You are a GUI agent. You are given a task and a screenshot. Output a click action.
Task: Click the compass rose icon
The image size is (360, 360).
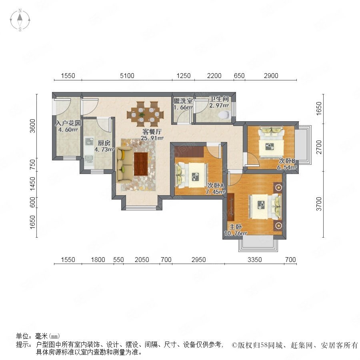[20, 20]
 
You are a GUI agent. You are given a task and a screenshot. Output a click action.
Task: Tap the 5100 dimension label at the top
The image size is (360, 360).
[127, 76]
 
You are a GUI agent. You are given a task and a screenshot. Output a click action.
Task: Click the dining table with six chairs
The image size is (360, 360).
[145, 114]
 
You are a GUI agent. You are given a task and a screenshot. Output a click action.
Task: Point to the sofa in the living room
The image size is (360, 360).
[124, 165]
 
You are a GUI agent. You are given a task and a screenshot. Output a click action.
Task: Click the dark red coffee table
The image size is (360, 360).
[141, 164]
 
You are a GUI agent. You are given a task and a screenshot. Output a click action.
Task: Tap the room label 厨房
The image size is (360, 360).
[104, 143]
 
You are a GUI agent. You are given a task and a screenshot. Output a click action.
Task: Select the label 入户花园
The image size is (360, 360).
[68, 123]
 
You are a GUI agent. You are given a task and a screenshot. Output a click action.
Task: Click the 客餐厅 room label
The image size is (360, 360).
[152, 132]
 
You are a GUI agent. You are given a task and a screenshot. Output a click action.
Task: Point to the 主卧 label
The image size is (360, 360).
[235, 227]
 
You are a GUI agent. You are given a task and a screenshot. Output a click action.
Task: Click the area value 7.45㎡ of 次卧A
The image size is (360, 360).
[215, 192]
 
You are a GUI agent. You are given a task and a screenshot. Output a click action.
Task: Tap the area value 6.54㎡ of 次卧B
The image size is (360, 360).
[286, 167]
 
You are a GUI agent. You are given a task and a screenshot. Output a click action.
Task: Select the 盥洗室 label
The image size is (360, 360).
[183, 101]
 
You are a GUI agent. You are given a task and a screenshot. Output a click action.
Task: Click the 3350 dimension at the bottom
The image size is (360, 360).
[255, 260]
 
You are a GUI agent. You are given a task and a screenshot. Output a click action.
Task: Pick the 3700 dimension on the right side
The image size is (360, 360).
[319, 204]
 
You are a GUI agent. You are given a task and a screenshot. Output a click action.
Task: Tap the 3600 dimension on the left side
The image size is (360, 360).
[33, 126]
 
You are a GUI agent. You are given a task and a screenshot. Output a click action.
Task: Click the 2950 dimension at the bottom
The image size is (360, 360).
[198, 260]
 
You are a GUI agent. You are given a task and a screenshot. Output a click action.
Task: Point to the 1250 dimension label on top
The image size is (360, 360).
[184, 76]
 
